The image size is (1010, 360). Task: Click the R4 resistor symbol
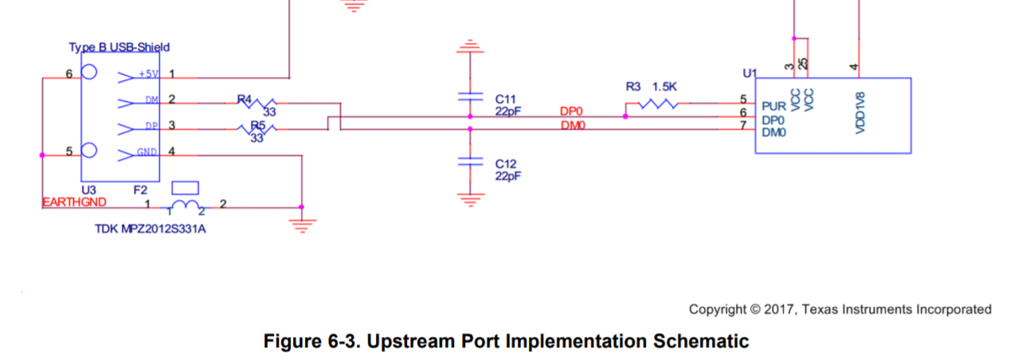[258, 103]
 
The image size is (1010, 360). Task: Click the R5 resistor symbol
[258, 129]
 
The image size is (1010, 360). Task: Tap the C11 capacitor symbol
[470, 96]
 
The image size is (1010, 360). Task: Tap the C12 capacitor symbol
[470, 162]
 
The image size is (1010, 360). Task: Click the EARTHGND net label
[73, 202]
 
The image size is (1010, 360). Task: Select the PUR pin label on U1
[773, 105]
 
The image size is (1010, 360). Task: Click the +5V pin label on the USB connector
[148, 75]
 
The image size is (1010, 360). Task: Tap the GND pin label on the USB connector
[147, 152]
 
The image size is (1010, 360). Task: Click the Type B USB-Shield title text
[119, 48]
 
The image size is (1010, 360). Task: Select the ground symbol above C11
[470, 46]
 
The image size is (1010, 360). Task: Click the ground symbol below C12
[470, 198]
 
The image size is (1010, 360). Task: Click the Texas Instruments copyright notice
[840, 309]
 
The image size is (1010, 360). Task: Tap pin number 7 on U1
[743, 125]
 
